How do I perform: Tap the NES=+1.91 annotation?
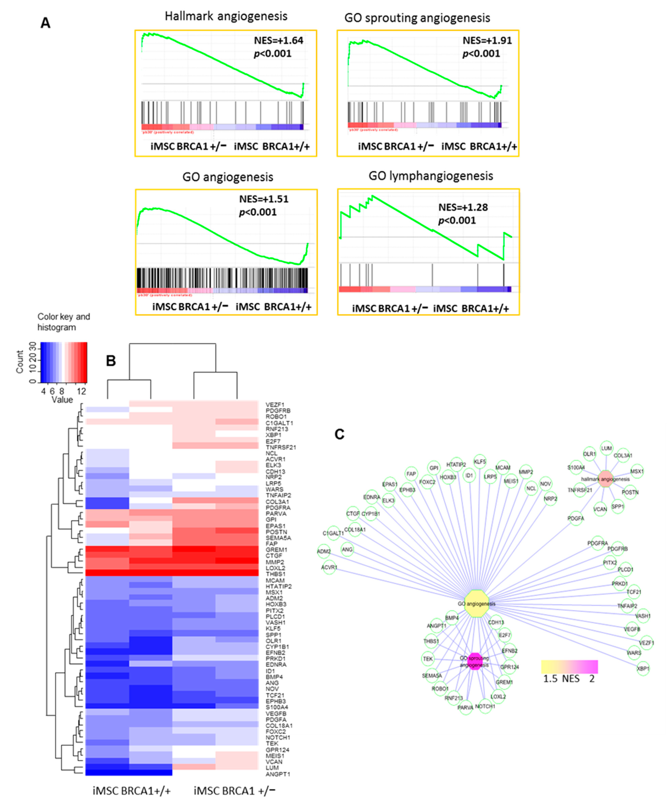[487, 41]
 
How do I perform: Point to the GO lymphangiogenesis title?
[431, 176]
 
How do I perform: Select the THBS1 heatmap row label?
[275, 574]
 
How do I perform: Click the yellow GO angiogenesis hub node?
[476, 603]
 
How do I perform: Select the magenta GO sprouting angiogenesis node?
[475, 662]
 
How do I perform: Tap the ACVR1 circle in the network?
[329, 568]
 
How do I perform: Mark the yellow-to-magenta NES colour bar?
[569, 667]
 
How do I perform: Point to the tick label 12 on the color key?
[81, 391]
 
